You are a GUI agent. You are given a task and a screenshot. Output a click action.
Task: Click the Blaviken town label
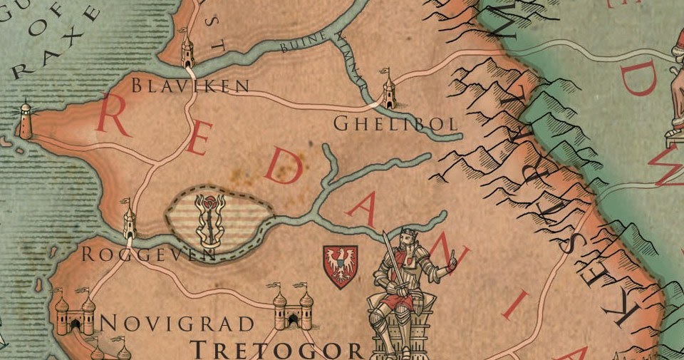coord(190,86)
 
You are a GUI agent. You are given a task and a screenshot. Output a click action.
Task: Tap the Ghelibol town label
coord(395,124)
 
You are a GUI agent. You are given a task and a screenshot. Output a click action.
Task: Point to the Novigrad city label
coord(177,324)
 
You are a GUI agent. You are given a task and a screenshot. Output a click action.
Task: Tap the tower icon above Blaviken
coord(187,50)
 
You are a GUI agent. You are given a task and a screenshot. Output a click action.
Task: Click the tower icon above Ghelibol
coord(389,91)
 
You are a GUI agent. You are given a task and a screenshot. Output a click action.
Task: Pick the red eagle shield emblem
coord(340,266)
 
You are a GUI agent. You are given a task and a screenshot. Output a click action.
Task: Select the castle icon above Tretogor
coord(293,307)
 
